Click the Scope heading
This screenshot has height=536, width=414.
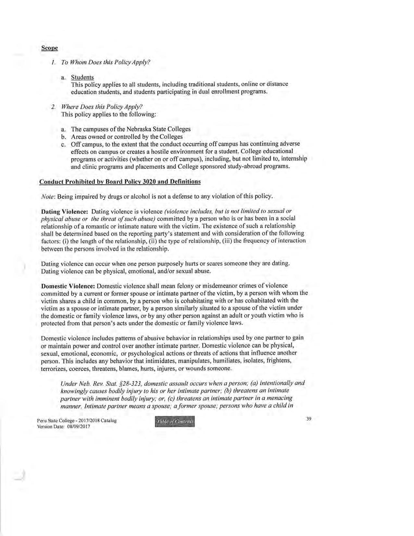click(x=49, y=48)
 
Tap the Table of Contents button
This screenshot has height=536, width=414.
click(x=175, y=422)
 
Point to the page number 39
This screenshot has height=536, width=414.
click(x=308, y=419)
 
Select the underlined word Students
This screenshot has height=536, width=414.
click(x=82, y=77)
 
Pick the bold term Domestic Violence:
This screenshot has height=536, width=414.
click(x=68, y=286)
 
